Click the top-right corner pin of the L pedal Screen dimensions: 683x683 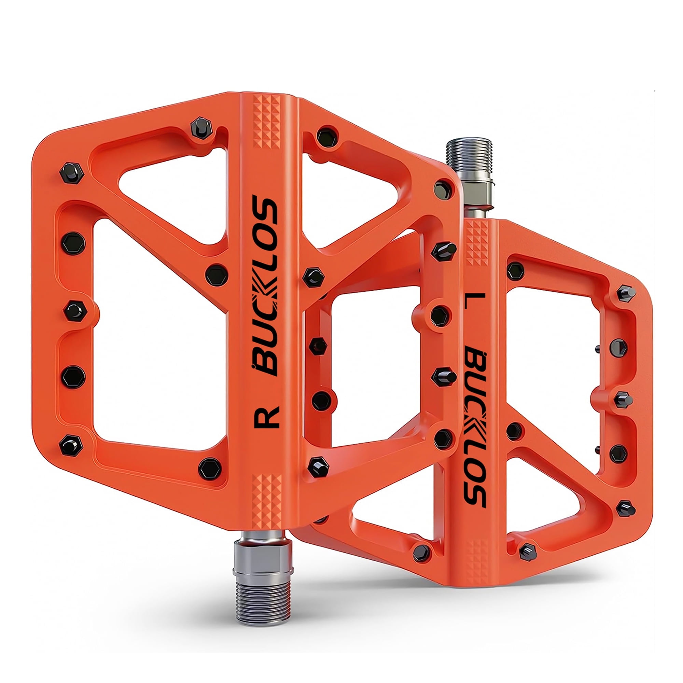pyautogui.click(x=626, y=293)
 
